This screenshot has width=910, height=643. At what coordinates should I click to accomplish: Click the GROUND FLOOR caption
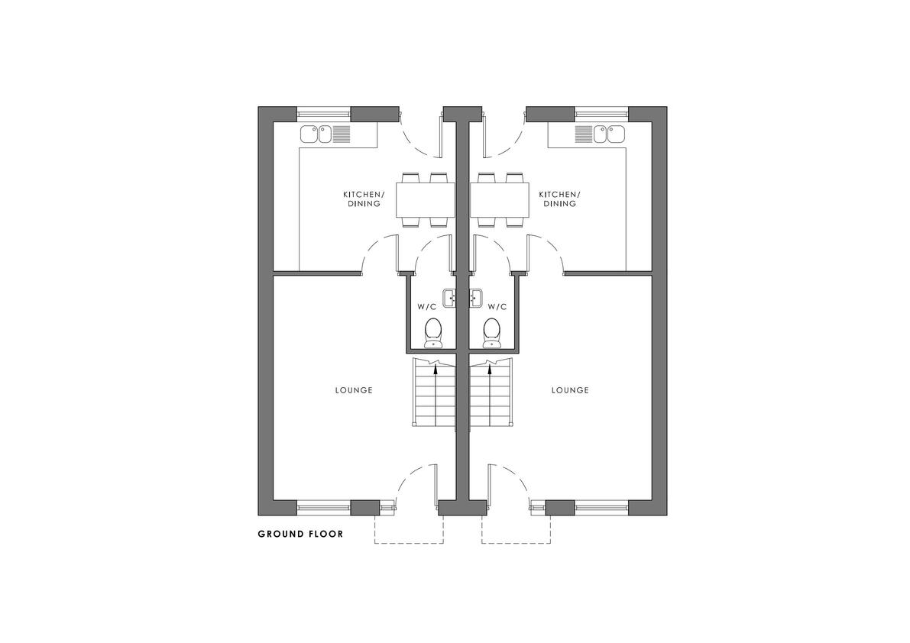pos(300,534)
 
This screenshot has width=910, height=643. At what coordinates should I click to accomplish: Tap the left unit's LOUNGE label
pos(354,390)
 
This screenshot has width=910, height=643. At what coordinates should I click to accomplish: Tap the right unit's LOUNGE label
pos(570,390)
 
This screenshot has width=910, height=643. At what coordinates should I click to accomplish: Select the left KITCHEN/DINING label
pos(364,199)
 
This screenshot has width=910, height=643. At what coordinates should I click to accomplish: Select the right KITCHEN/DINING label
pos(559,199)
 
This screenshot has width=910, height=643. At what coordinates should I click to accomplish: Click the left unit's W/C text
pos(426,307)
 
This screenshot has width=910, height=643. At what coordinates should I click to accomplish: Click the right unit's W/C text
pos(497,307)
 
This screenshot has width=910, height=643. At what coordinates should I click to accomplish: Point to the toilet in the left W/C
pos(432,333)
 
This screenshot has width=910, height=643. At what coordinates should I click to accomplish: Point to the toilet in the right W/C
pos(491,333)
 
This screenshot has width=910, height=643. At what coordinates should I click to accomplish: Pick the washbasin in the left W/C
pos(449,299)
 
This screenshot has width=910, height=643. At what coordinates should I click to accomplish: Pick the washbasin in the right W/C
pos(476,299)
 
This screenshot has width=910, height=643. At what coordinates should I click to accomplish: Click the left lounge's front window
pos(324,508)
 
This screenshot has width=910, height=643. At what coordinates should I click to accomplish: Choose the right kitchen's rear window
pos(601,114)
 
